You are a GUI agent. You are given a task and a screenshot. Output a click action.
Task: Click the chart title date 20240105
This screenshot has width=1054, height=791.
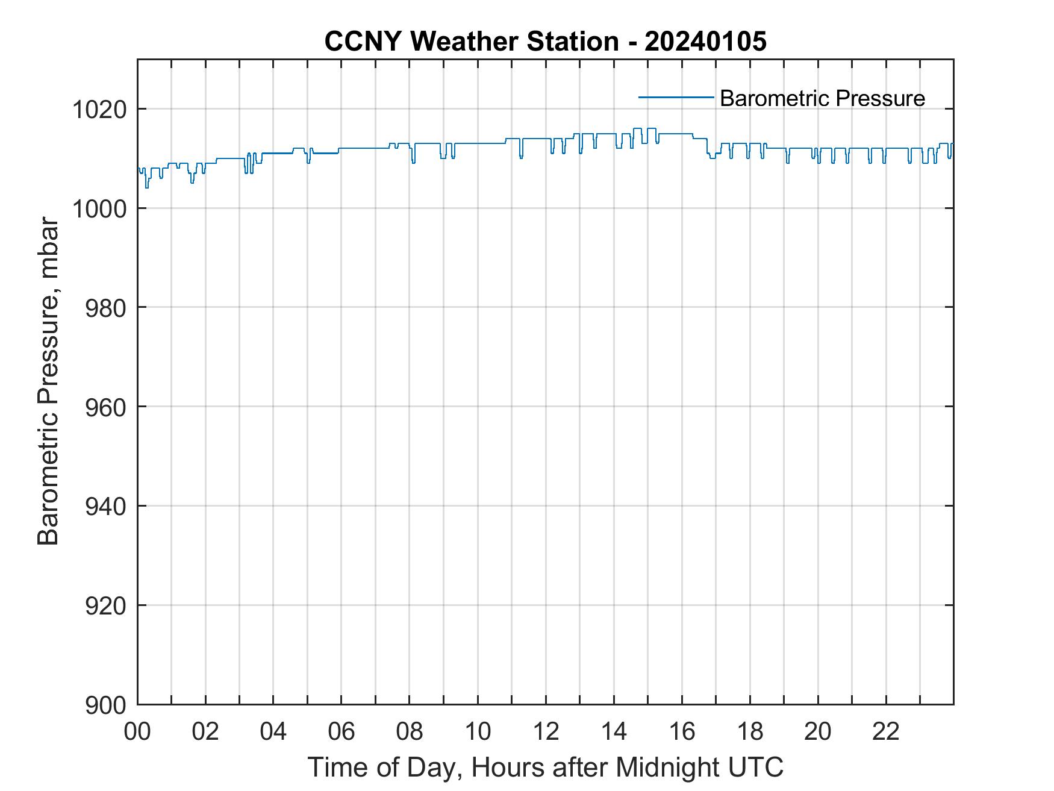tap(705, 42)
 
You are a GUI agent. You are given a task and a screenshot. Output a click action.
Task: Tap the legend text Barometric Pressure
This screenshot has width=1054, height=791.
tap(822, 98)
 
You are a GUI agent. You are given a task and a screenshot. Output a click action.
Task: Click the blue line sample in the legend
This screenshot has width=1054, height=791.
tap(676, 96)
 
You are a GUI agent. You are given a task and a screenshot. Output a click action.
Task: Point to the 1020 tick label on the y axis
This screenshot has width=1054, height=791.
tap(99, 110)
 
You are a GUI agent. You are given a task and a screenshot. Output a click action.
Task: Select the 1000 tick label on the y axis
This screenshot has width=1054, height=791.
tap(99, 209)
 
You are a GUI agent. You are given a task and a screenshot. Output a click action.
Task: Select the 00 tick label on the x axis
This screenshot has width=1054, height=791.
tap(137, 732)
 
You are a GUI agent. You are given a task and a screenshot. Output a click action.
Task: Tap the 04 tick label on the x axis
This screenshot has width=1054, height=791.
tap(273, 732)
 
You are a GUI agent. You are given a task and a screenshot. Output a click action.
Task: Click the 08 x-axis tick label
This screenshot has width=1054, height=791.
tap(410, 732)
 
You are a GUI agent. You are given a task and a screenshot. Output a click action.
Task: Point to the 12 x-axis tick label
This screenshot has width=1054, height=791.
tap(546, 732)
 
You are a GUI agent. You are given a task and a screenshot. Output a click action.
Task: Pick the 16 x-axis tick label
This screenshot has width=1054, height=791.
tap(682, 732)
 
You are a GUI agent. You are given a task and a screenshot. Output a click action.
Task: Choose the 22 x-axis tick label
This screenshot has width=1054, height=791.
tap(886, 732)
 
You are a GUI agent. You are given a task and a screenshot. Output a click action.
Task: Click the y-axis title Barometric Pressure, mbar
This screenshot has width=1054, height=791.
tap(48, 382)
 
